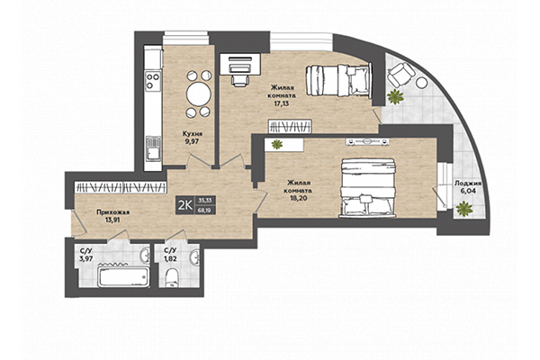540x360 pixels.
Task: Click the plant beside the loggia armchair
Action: point(394,95)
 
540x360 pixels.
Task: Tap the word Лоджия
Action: point(468,182)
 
